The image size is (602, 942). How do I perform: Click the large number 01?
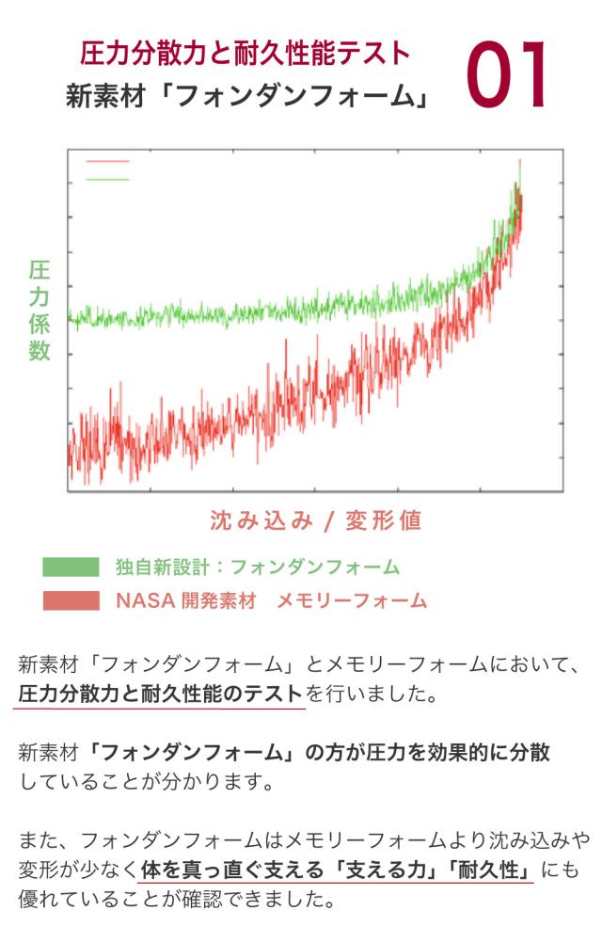click(507, 75)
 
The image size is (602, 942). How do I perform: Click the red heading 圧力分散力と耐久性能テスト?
click(246, 54)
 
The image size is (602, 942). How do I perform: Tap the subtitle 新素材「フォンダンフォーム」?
click(247, 96)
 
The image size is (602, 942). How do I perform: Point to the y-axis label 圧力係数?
click(39, 311)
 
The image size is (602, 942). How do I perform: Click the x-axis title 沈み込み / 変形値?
click(315, 519)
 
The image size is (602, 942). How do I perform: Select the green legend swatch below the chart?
click(71, 567)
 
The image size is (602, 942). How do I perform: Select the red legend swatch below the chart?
click(71, 600)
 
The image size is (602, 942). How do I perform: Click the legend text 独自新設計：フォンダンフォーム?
click(257, 567)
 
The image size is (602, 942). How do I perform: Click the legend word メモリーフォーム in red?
click(351, 600)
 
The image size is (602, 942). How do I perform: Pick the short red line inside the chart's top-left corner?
click(107, 162)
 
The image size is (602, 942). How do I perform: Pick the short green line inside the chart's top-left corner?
click(107, 178)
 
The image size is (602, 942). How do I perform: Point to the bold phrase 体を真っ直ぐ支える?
click(228, 869)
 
